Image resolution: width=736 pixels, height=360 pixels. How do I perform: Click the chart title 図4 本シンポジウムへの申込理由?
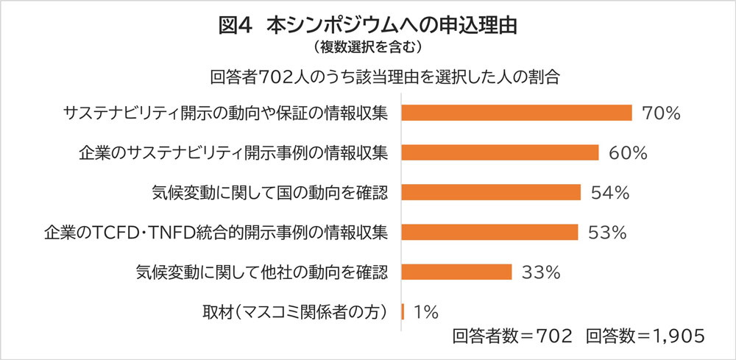coord(368,25)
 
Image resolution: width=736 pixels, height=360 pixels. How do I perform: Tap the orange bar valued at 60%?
coord(500,153)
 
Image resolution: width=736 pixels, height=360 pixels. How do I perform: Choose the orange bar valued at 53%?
coord(490,233)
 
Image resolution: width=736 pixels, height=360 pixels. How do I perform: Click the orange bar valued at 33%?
coord(457,272)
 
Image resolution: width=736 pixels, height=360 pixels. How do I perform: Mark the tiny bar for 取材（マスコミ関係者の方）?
coord(403,311)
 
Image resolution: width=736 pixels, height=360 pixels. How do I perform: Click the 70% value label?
coord(661,113)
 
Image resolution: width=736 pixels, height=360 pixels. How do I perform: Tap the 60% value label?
coord(628,153)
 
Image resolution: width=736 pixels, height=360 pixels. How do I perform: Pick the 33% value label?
coord(542,272)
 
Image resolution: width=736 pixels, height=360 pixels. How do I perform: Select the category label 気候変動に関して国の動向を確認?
coord(268,193)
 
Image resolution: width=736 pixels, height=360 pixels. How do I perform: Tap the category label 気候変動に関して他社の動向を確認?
coord(262,272)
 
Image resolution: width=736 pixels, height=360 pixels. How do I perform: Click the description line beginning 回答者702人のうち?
coord(385,77)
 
